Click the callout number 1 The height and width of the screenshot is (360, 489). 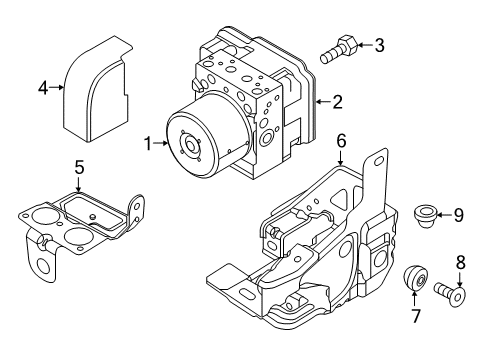tap(147, 144)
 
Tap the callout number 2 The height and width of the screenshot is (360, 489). tap(338, 101)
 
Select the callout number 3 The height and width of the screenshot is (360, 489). tap(378, 44)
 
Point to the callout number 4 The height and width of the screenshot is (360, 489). tap(42, 88)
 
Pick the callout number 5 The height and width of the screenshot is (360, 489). tap(79, 169)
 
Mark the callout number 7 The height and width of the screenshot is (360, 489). tap(416, 319)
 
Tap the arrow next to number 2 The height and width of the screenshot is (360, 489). tap(322, 101)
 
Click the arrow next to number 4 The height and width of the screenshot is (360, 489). tap(58, 88)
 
